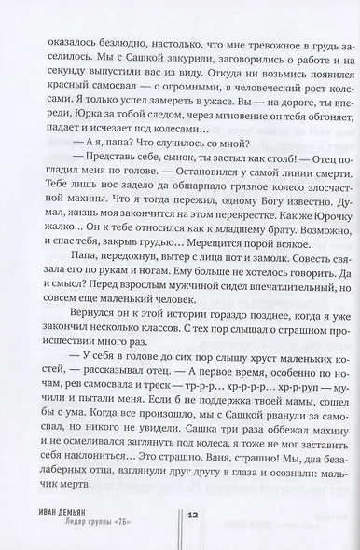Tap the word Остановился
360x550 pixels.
[x=170, y=204]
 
